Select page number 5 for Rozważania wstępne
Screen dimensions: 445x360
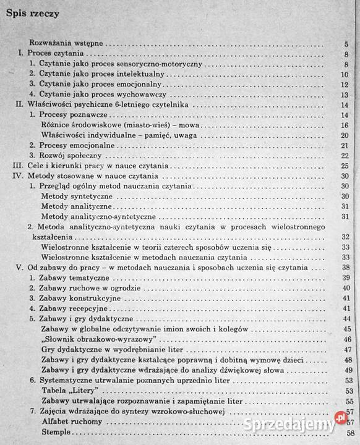(x=346, y=44)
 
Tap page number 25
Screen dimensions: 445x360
(x=345, y=166)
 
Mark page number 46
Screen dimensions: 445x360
(x=346, y=339)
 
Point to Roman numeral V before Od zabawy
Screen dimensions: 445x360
(x=18, y=268)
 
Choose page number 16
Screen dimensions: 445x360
(x=345, y=125)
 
